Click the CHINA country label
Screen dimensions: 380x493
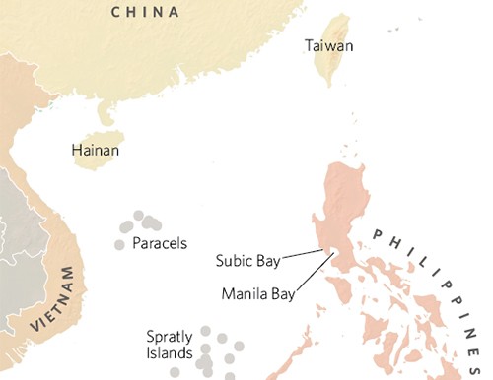click(x=145, y=12)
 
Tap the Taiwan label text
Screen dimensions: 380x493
click(x=329, y=46)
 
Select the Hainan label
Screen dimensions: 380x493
click(x=97, y=151)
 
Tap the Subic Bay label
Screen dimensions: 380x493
click(x=247, y=261)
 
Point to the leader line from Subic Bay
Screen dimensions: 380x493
click(x=303, y=256)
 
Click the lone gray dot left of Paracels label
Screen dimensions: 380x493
click(x=119, y=244)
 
